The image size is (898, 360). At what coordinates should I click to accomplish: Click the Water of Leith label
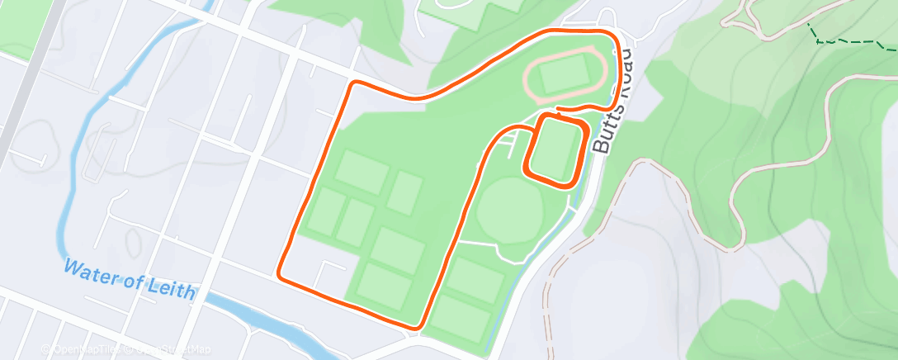click(x=130, y=280)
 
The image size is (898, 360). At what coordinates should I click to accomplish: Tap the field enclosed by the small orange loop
click(x=555, y=149)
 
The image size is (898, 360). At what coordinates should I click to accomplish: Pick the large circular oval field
click(x=509, y=211)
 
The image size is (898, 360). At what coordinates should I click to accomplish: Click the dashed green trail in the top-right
click(x=850, y=40)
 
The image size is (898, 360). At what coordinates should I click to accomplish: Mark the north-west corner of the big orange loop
click(x=356, y=84)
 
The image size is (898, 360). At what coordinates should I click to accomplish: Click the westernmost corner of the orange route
click(x=280, y=274)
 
